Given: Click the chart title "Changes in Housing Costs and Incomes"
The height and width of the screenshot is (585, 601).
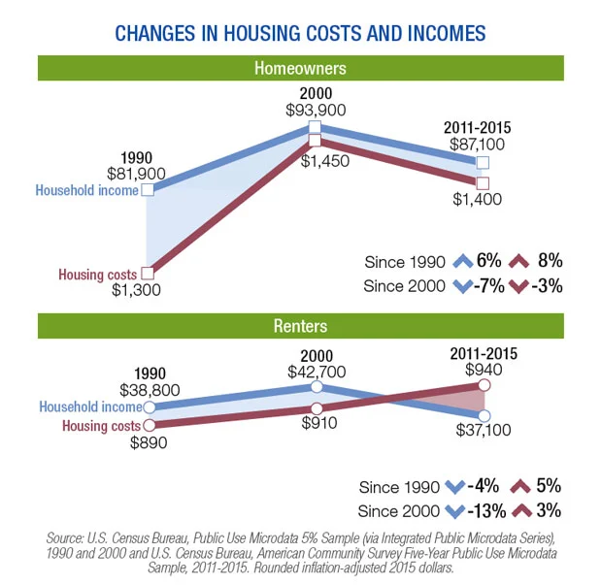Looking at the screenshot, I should click(300, 34).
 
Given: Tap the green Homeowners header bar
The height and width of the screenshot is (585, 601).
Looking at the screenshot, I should click(300, 69).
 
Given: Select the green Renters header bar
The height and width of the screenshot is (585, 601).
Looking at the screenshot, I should click(300, 326).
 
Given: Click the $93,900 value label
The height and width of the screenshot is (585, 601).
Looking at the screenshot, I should click(316, 110).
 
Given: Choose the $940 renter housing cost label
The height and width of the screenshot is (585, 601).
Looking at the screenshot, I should click(483, 370).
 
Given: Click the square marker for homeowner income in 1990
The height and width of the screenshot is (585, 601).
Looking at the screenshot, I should click(148, 190).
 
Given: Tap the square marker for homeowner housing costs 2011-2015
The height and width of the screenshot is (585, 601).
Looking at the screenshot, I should click(484, 183).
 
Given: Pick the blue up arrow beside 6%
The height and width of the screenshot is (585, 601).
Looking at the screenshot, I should click(462, 261).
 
